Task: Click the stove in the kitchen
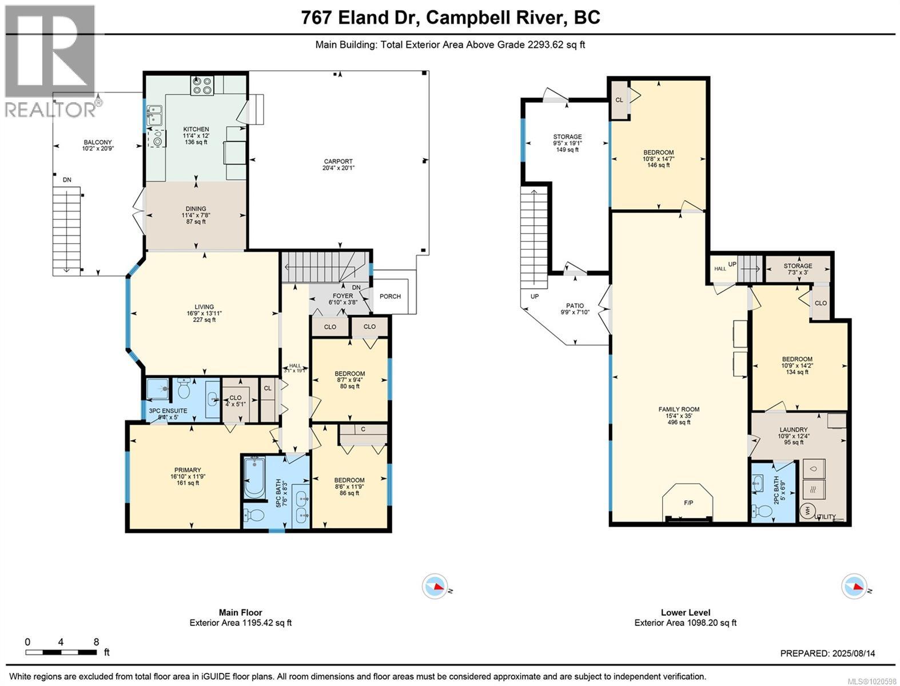coord(202,85)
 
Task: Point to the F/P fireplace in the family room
coord(688,502)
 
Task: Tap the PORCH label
coord(390,296)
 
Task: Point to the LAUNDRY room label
coord(793,430)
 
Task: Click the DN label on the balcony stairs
coord(67,180)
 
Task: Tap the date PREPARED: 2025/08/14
coord(827,653)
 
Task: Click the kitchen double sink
coord(154,115)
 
